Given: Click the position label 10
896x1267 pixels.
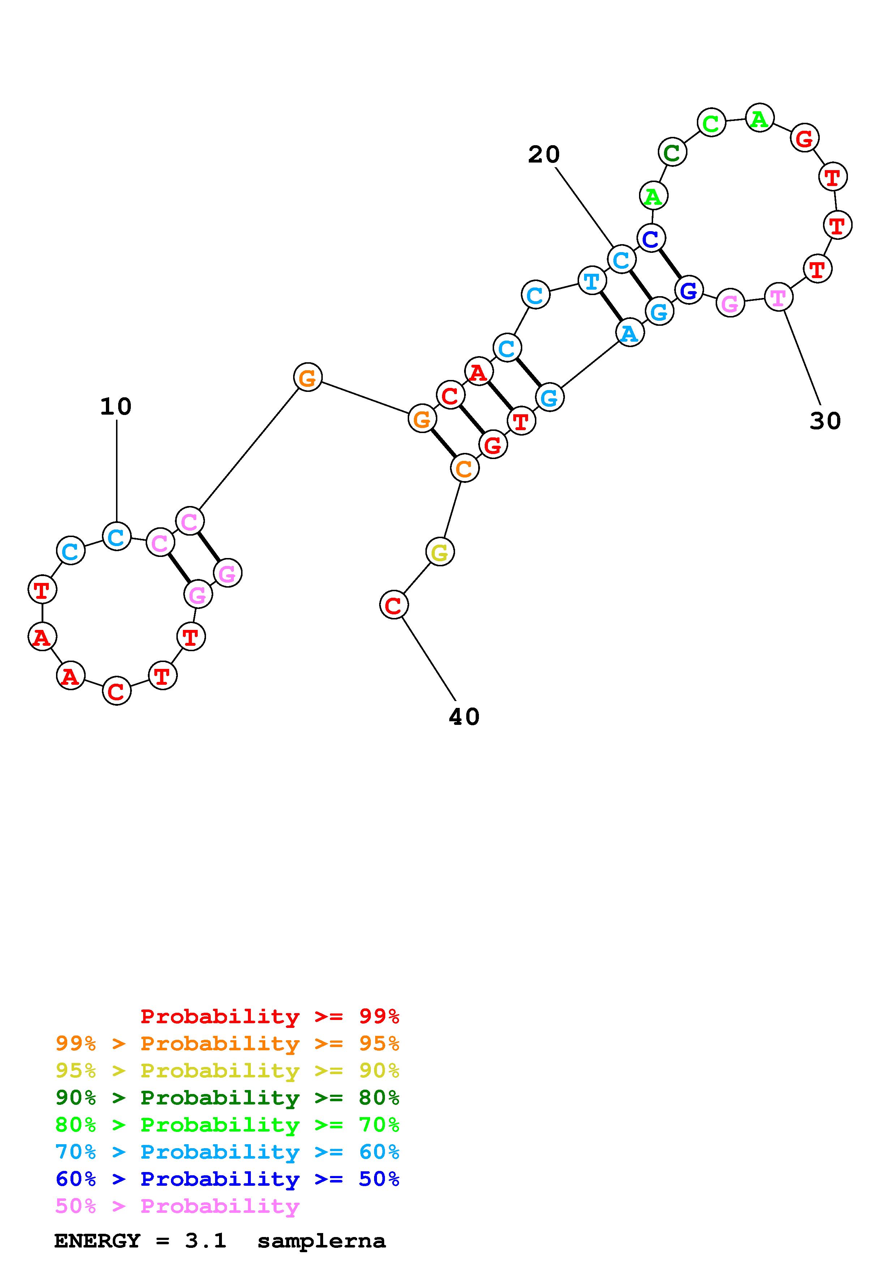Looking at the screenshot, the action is click(x=116, y=407).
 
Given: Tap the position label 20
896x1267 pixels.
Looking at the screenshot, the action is click(x=544, y=155).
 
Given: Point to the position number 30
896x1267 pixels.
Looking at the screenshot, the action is click(x=825, y=421).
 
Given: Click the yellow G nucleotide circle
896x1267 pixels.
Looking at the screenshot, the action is click(x=440, y=552).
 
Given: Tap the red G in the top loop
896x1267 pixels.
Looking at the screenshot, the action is click(x=804, y=138).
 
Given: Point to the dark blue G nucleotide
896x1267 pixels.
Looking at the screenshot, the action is click(x=689, y=290).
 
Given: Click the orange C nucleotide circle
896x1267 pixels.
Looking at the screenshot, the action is click(x=465, y=468).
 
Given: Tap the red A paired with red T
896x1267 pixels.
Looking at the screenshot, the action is click(x=479, y=372).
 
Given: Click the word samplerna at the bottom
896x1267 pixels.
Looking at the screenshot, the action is click(x=321, y=1241).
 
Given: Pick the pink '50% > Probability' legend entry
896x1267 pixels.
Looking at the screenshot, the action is click(x=177, y=1206).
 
